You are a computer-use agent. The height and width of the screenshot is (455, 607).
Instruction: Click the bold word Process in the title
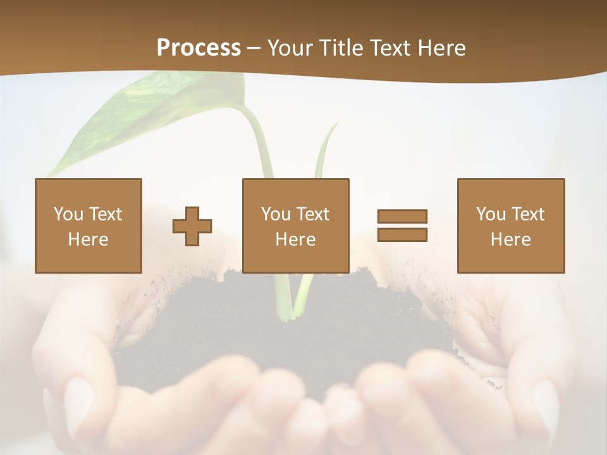pos(199,48)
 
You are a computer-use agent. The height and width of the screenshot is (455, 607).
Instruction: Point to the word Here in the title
pos(440,48)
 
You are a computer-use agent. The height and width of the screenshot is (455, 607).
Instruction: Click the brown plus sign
pos(192,226)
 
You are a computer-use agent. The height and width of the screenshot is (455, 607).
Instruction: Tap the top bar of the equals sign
pos(402,216)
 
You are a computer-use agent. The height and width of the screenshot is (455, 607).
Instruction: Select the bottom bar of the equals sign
pos(402,235)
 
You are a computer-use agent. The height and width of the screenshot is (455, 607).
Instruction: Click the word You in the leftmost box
pos(68,214)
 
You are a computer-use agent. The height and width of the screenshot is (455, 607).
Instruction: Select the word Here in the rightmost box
pos(511,240)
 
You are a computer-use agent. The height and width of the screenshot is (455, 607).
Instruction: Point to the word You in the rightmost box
pos(491,214)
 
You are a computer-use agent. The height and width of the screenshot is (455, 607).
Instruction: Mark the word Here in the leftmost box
pos(89,240)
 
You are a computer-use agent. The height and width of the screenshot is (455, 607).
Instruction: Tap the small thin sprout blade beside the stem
pos(326,152)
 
